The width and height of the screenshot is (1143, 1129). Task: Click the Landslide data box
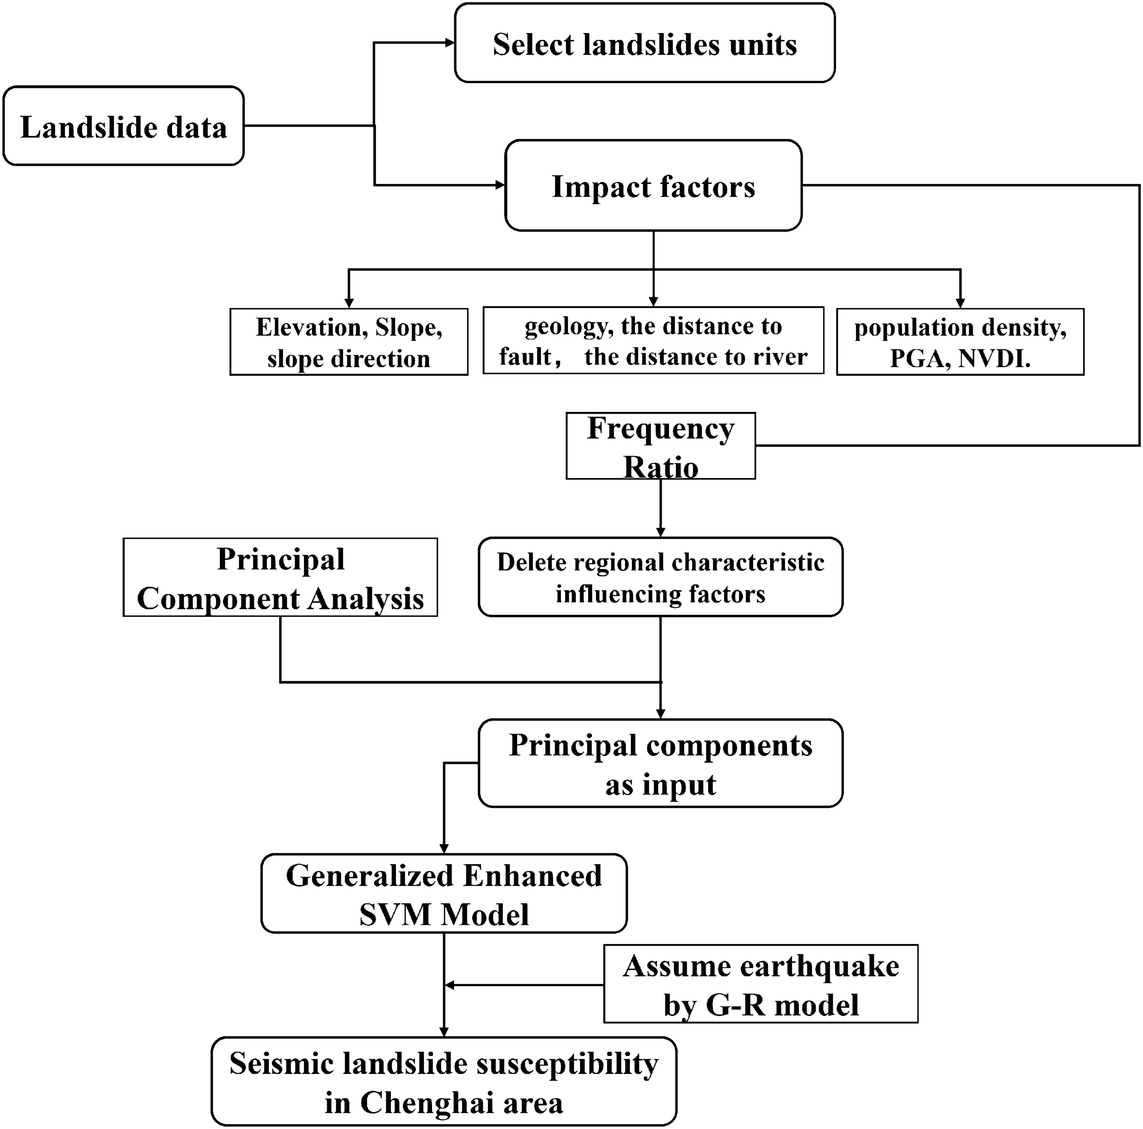[123, 126]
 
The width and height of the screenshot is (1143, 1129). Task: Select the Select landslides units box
[644, 43]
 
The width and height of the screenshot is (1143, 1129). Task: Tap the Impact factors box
[653, 186]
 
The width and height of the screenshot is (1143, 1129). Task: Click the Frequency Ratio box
[660, 445]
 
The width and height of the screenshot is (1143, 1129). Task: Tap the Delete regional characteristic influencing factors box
[660, 577]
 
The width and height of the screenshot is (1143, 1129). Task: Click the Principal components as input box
[660, 764]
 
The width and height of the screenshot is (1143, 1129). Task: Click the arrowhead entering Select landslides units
[449, 43]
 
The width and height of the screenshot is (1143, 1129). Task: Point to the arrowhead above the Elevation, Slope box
[349, 302]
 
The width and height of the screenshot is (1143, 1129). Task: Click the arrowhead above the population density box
[960, 302]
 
